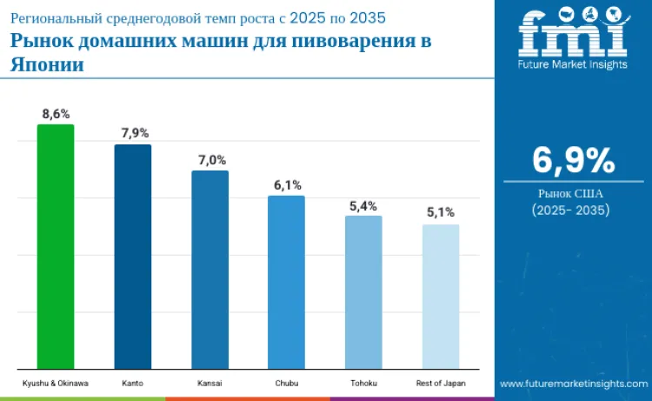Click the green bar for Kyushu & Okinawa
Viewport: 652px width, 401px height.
pyautogui.click(x=55, y=247)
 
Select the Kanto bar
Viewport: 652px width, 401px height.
pyautogui.click(x=133, y=257)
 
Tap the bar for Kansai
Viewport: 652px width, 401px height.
pyautogui.click(x=210, y=270)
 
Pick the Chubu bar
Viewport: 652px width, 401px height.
pyautogui.click(x=286, y=283)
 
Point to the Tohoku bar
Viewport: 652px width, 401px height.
pyautogui.click(x=363, y=292)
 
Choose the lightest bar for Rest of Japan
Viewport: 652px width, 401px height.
pyautogui.click(x=441, y=297)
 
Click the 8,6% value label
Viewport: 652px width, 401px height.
pyautogui.click(x=56, y=113)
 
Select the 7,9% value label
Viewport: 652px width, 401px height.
pyautogui.click(x=134, y=133)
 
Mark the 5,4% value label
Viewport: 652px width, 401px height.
pyautogui.click(x=363, y=205)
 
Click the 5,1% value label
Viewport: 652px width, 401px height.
pyautogui.click(x=441, y=212)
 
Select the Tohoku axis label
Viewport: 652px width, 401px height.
pyautogui.click(x=363, y=383)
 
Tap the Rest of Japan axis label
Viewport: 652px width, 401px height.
pyautogui.click(x=441, y=383)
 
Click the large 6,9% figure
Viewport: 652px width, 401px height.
pyautogui.click(x=573, y=161)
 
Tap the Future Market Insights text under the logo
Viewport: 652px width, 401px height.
pyautogui.click(x=572, y=63)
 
